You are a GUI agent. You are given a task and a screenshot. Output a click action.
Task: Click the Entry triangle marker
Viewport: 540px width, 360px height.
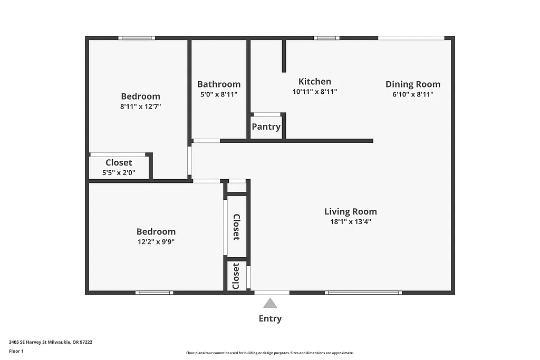tap(270, 303)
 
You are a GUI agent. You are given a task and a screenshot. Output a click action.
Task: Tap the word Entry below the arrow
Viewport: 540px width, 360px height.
tap(270, 318)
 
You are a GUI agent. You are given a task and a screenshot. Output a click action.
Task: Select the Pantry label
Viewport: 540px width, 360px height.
tap(266, 127)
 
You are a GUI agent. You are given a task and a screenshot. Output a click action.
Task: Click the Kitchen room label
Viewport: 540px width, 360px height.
tap(315, 81)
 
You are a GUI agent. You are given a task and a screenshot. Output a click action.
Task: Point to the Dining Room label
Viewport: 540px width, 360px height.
tap(412, 84)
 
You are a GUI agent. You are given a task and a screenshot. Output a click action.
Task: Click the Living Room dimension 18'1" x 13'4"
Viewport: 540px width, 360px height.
tap(350, 222)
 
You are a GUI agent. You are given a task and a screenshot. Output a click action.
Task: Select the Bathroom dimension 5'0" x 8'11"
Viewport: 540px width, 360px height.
tap(219, 94)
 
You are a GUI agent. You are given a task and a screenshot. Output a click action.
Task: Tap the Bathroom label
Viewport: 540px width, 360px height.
tap(219, 84)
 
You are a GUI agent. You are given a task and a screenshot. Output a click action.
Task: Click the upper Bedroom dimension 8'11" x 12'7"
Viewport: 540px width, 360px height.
tap(140, 106)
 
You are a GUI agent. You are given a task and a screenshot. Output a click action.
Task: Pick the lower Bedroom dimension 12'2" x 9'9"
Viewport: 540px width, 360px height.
tap(156, 242)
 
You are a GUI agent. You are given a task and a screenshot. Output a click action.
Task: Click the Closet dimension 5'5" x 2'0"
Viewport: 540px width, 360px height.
tap(119, 172)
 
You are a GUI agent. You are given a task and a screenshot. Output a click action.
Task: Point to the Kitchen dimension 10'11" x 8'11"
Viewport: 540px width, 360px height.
tap(315, 92)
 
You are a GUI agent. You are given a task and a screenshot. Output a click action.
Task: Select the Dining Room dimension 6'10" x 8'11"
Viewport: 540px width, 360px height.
tap(412, 94)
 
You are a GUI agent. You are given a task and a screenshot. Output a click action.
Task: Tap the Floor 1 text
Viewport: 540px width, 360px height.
tap(16, 351)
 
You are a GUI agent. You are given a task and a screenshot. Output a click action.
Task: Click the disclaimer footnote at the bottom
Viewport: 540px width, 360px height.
tap(269, 353)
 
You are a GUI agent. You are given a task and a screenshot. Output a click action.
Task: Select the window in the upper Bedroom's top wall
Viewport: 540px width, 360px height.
tap(137, 38)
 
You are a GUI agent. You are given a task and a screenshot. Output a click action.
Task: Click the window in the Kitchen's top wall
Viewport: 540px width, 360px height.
tap(326, 38)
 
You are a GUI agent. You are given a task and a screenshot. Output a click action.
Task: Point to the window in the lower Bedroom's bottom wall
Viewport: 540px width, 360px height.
tap(154, 293)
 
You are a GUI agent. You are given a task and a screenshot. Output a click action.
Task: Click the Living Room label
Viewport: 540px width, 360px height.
tap(350, 211)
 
